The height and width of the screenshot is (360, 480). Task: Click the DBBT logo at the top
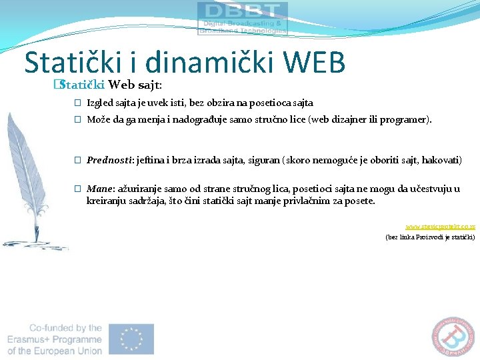[243, 18]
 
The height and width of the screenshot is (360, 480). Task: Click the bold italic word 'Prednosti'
[109, 161]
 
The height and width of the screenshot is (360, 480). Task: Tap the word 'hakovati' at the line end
[441, 161]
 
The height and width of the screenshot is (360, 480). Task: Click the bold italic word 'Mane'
[99, 189]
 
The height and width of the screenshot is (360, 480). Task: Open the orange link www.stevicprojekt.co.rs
[440, 227]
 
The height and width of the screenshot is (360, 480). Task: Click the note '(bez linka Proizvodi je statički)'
[430, 237]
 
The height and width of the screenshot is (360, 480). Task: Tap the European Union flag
[136, 339]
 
